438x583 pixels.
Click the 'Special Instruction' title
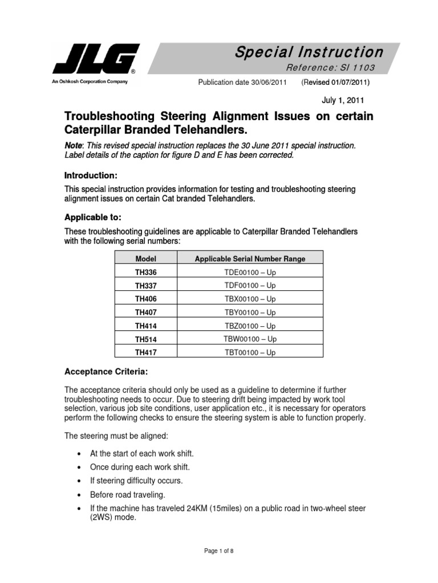pos(309,52)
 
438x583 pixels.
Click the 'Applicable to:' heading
pos(93,218)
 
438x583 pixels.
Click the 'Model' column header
pos(145,258)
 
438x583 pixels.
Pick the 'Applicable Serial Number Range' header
pos(250,258)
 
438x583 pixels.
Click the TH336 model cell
pos(145,272)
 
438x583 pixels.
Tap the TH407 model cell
pos(145,313)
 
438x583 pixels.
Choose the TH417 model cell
pos(145,353)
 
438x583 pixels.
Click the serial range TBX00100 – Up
pos(250,299)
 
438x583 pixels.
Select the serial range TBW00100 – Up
pos(250,339)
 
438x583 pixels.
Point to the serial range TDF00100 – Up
pos(250,285)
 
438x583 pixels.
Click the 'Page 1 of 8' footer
pos(218,551)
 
